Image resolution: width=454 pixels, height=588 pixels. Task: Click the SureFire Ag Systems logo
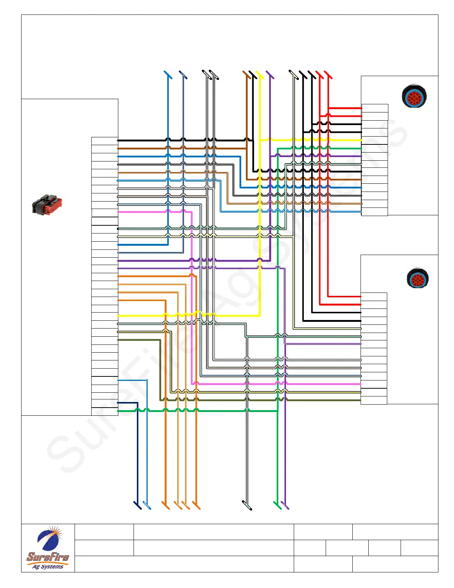coord(48,548)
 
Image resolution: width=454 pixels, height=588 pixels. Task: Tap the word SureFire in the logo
coord(48,557)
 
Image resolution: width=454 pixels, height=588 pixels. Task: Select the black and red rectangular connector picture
coord(47,205)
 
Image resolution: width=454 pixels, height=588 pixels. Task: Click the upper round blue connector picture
coord(414,96)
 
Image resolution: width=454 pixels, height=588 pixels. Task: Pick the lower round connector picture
coord(418,278)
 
